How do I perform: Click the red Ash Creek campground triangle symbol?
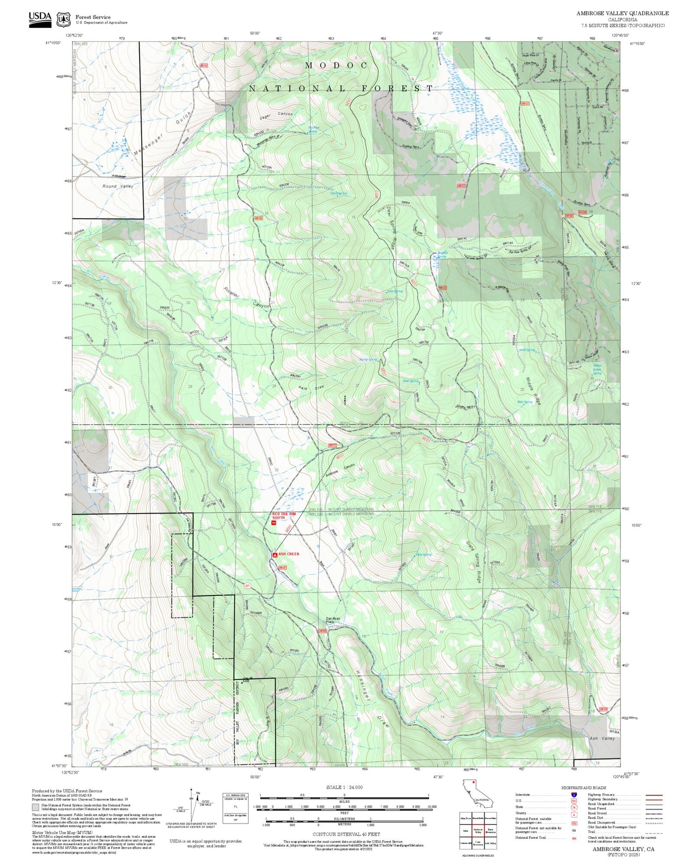click(x=275, y=554)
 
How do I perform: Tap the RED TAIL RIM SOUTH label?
click(x=284, y=515)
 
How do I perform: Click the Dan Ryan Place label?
click(x=333, y=620)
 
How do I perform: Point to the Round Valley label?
click(x=118, y=186)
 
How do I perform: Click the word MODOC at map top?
click(x=336, y=66)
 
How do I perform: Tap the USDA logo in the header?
click(x=40, y=19)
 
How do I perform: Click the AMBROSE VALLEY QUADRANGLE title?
click(x=622, y=13)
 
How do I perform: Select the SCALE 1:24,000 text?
click(x=344, y=787)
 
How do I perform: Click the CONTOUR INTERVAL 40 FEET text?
click(x=346, y=834)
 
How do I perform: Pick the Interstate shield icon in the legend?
click(x=574, y=794)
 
